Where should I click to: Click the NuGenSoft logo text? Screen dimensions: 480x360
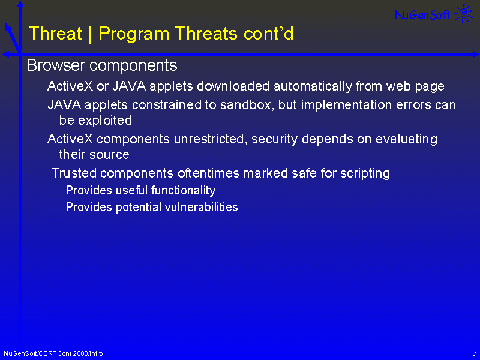(422, 14)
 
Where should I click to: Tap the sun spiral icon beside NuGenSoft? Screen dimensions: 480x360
(464, 13)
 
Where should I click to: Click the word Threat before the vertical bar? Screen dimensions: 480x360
(55, 33)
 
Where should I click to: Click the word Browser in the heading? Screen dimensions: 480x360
(56, 65)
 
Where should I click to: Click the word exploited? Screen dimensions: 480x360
(104, 121)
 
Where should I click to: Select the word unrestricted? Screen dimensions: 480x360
(209, 139)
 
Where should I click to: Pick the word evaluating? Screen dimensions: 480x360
(406, 140)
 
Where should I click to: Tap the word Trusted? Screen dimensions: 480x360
(74, 173)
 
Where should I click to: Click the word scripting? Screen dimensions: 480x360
(365, 173)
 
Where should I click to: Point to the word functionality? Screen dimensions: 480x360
(183, 191)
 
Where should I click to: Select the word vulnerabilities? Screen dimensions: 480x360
(201, 207)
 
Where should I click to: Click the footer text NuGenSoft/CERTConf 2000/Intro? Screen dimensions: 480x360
(53, 353)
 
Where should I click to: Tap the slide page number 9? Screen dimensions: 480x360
(474, 352)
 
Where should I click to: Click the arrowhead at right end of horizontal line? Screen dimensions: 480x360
(476, 55)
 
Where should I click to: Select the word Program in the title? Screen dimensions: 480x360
(134, 34)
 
